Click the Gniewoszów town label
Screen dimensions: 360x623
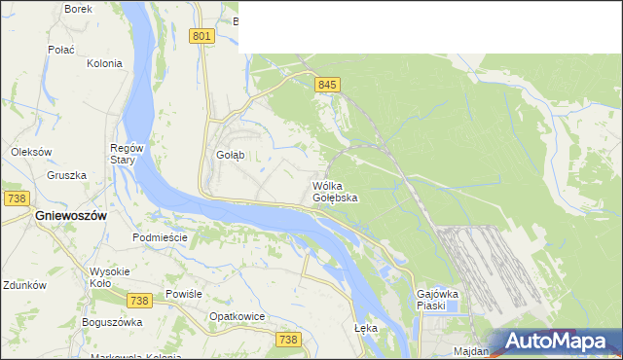[69, 215]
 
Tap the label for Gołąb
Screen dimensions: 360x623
[230, 155]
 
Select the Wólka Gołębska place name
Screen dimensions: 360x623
[335, 191]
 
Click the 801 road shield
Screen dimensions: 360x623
[202, 36]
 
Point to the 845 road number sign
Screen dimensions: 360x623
[327, 86]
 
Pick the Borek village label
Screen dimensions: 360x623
[78, 9]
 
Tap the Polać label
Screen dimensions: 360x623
[62, 48]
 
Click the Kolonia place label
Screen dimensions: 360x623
[104, 63]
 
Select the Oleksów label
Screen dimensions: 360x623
[30, 152]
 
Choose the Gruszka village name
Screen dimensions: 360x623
[66, 176]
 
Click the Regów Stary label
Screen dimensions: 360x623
[128, 154]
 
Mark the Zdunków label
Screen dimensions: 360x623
[24, 286]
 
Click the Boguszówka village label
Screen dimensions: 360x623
[112, 322]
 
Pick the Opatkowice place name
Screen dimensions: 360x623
[238, 316]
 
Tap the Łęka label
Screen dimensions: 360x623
[366, 328]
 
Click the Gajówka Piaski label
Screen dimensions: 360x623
[437, 299]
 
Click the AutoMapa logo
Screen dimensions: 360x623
[556, 342]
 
